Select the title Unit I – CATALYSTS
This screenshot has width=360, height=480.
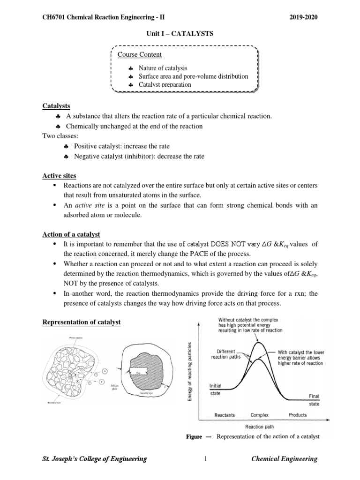[x=180, y=34]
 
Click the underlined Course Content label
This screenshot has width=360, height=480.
[x=140, y=55]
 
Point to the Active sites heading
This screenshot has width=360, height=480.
[x=59, y=176]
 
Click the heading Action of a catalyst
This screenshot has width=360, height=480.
[x=71, y=234]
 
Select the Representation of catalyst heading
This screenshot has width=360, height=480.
[x=82, y=322]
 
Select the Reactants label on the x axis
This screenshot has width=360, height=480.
[x=225, y=415]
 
